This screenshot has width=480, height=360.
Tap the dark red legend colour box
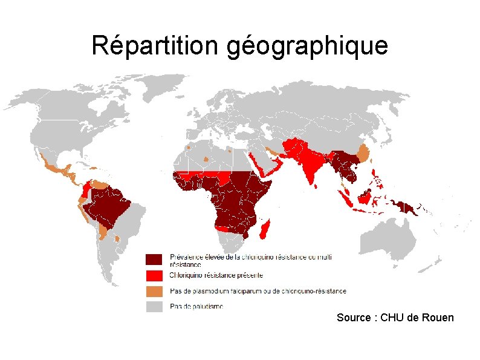point(154,260)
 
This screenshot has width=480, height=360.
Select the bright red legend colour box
point(154,275)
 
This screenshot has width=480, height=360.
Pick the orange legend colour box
point(154,291)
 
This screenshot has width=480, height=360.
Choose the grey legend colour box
point(154,307)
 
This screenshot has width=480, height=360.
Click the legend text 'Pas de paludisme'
point(196,306)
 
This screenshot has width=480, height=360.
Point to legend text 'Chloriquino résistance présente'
point(216,275)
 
